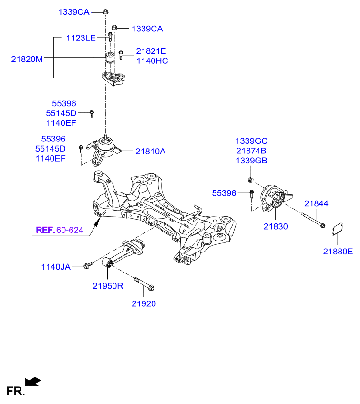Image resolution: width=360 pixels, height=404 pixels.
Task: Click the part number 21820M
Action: click(x=27, y=59)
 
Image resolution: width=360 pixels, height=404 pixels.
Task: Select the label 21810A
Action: click(x=150, y=151)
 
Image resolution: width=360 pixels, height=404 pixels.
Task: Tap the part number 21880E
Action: click(x=338, y=252)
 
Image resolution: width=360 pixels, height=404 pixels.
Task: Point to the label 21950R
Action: click(x=108, y=286)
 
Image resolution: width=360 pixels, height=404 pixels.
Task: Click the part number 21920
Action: click(x=144, y=303)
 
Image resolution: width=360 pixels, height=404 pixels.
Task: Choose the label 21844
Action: click(x=316, y=203)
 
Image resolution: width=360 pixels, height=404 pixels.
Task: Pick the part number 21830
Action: click(x=276, y=226)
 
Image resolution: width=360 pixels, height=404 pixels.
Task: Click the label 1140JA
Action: click(x=56, y=267)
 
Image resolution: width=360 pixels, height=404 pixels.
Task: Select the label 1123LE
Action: click(x=81, y=38)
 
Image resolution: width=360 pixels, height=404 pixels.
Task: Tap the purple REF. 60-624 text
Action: click(x=60, y=230)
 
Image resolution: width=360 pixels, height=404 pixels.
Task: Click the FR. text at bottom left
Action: click(x=15, y=391)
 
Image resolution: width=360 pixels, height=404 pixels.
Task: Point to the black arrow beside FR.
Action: click(x=33, y=382)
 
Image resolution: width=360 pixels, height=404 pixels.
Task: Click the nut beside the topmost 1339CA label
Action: click(x=105, y=11)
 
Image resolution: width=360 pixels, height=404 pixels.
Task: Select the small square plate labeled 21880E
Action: click(x=337, y=229)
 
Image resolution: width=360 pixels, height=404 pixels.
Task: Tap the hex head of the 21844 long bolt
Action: click(x=322, y=226)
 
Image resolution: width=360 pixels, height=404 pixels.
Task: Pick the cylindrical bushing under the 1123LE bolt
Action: click(x=110, y=58)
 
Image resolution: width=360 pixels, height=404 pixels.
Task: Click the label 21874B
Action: click(x=251, y=151)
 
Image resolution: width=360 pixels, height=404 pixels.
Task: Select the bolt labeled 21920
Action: click(x=144, y=284)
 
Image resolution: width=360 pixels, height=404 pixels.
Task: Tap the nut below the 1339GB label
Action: click(x=250, y=180)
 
